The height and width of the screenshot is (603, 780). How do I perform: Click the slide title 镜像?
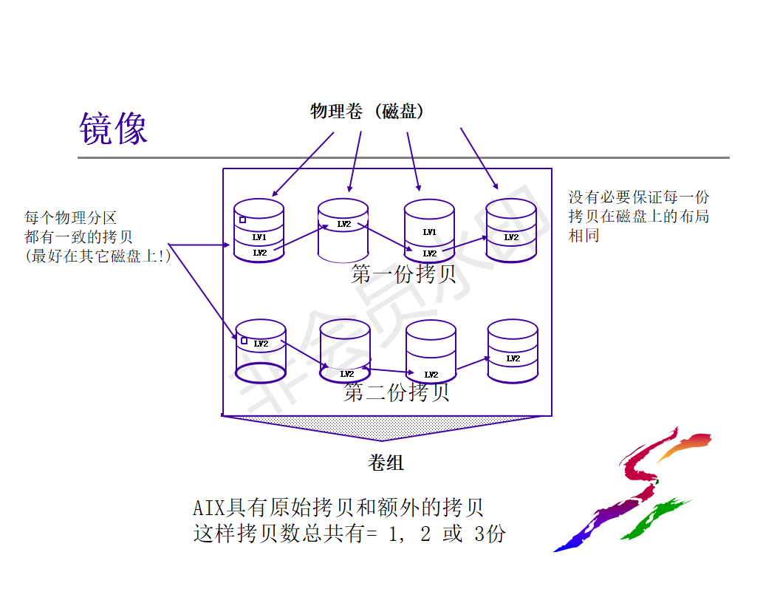click(x=113, y=129)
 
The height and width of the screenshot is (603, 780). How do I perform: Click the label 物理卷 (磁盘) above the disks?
click(x=367, y=112)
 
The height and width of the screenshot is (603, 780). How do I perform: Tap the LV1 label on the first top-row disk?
click(x=259, y=237)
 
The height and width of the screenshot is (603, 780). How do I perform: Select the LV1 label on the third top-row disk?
click(x=429, y=232)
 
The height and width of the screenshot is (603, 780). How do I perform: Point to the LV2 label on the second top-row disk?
click(x=344, y=224)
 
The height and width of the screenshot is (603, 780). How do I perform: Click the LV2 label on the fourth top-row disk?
click(x=511, y=237)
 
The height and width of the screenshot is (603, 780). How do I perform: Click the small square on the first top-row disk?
click(x=242, y=219)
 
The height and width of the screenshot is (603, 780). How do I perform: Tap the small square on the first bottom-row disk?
click(x=244, y=341)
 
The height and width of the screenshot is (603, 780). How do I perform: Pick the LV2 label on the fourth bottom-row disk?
click(x=513, y=358)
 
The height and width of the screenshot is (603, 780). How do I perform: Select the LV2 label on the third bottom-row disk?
click(x=431, y=375)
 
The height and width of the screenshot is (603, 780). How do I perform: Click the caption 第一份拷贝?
click(x=403, y=275)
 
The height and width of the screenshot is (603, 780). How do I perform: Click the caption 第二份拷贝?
click(x=397, y=392)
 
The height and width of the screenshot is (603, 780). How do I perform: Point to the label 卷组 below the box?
click(x=386, y=463)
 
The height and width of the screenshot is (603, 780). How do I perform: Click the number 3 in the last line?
click(x=479, y=534)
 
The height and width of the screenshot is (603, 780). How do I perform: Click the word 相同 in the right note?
click(x=584, y=236)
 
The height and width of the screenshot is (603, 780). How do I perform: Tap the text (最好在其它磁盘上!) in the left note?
click(x=97, y=256)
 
